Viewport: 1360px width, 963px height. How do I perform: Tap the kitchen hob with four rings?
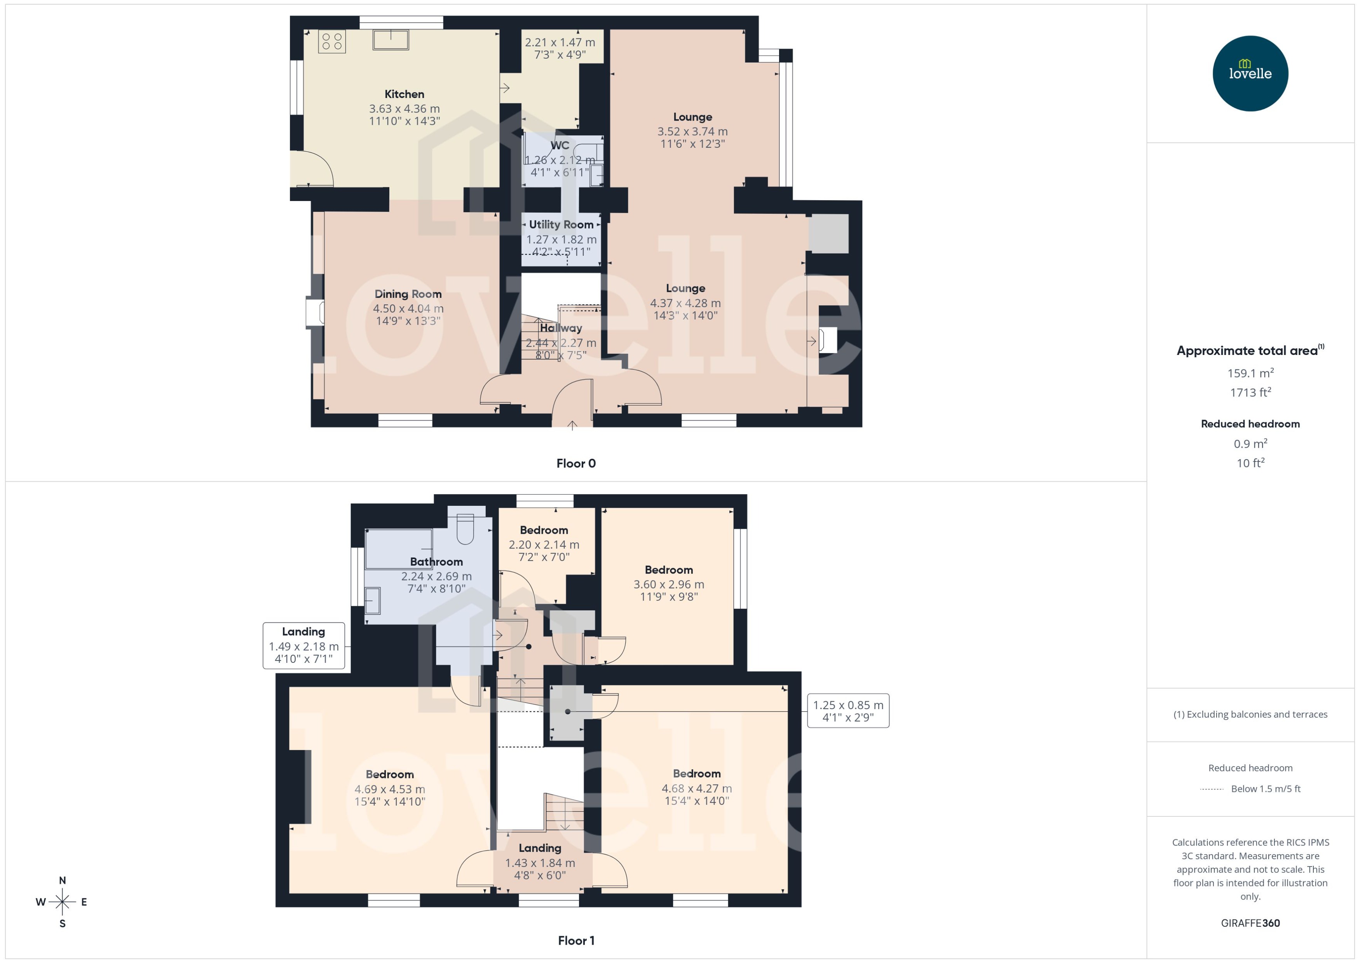click(332, 42)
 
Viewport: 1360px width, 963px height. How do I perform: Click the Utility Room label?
click(561, 225)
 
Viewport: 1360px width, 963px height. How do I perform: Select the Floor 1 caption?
click(575, 940)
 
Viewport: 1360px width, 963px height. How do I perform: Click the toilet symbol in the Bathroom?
click(465, 529)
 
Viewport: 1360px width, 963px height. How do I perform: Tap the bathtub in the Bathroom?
click(398, 549)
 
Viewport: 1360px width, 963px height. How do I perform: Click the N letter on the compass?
click(62, 881)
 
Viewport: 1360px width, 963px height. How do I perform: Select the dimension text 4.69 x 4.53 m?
click(389, 789)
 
